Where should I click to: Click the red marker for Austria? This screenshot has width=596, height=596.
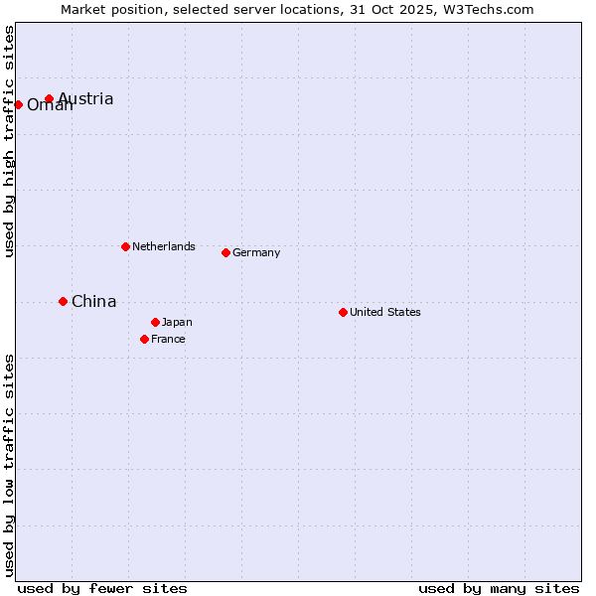click(x=49, y=98)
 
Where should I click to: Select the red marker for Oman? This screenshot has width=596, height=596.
click(x=18, y=104)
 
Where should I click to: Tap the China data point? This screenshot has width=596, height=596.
click(x=63, y=301)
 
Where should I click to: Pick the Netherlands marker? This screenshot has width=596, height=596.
click(x=125, y=246)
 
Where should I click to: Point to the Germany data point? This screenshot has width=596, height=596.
click(x=225, y=252)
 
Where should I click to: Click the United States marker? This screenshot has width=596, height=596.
click(x=343, y=312)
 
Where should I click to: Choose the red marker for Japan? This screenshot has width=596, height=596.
click(x=155, y=322)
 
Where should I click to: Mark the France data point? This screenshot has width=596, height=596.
click(x=144, y=339)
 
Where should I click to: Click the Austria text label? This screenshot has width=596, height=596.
click(x=85, y=99)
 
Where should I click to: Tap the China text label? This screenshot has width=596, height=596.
click(x=94, y=302)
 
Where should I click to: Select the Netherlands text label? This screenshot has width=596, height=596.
click(x=164, y=247)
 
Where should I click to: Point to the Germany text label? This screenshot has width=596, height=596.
click(x=256, y=253)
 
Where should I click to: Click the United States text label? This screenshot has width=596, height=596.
click(x=385, y=313)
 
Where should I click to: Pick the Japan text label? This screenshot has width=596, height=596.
click(x=177, y=323)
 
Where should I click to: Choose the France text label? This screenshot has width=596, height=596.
click(x=168, y=340)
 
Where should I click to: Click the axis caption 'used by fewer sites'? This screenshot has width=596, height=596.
click(x=102, y=588)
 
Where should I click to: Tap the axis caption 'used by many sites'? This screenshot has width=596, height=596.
click(x=499, y=588)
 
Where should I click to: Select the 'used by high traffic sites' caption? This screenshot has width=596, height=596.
click(x=9, y=141)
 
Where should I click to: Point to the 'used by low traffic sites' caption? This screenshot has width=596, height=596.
click(x=9, y=465)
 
